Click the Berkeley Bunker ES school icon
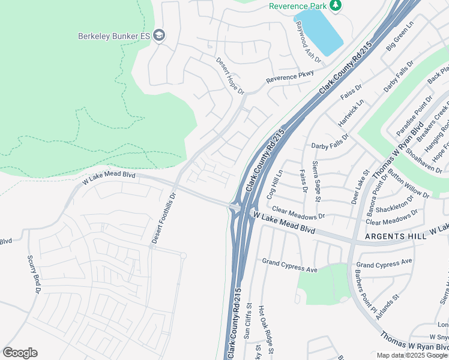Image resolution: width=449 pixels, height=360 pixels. (159, 36)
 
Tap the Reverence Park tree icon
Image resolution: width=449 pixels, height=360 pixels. (335, 6)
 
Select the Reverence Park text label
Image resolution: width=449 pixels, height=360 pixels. (298, 6)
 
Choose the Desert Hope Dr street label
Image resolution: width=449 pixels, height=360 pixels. (231, 76)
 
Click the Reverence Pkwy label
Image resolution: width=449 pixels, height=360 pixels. (290, 77)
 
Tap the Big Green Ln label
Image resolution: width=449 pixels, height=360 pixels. (400, 37)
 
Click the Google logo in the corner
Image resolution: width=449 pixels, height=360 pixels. (20, 353)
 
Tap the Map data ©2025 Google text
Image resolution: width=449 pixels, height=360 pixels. (412, 355)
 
